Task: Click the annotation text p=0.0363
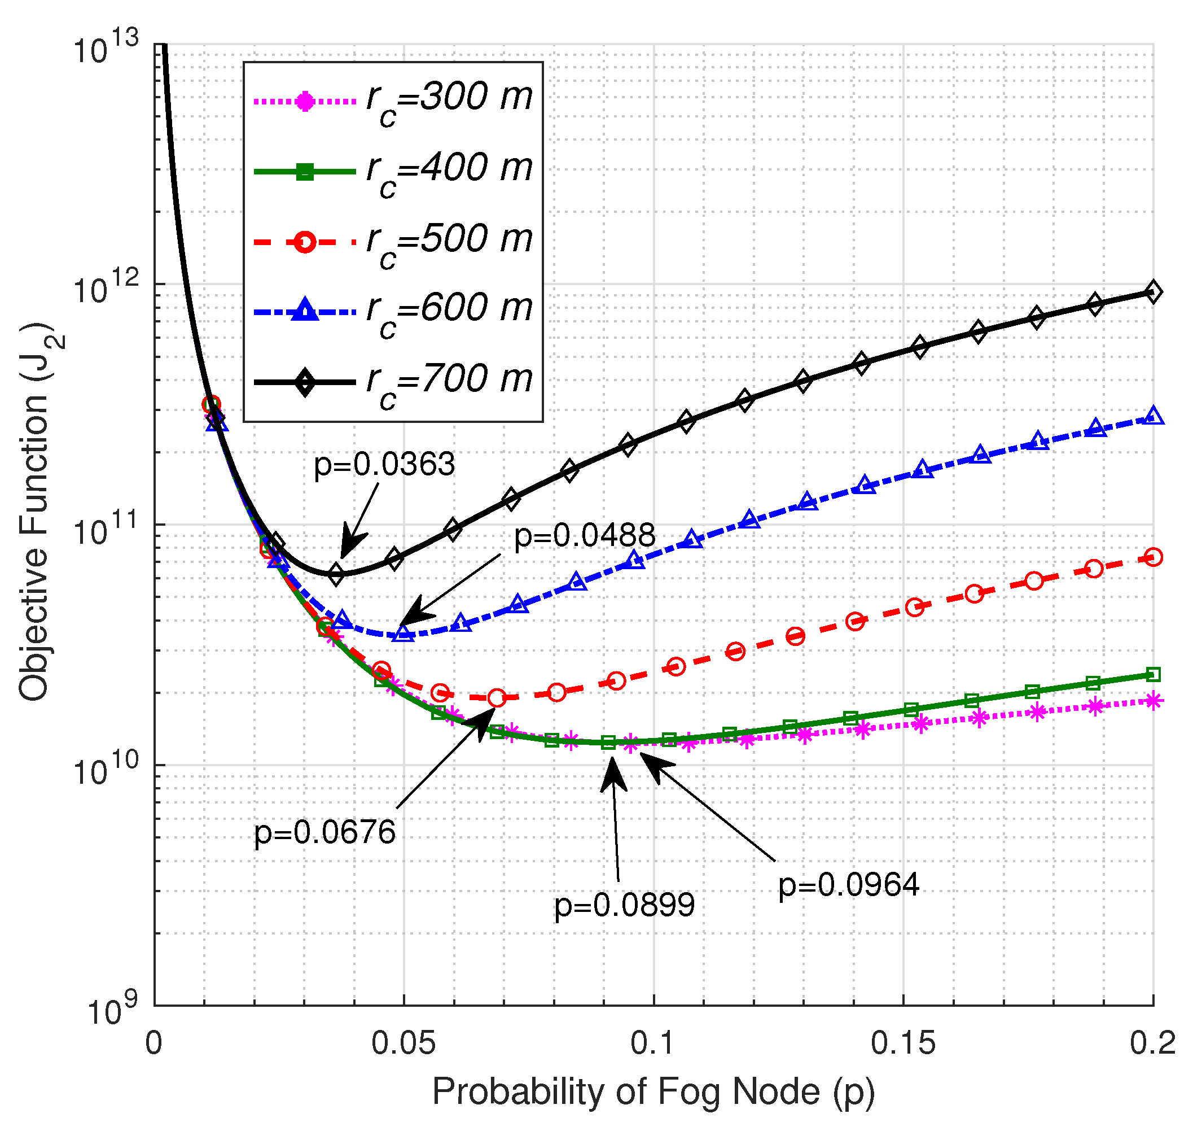[x=384, y=465]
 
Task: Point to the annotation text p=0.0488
[x=584, y=535]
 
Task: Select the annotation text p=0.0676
[x=324, y=832]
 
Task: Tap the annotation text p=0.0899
[x=624, y=905]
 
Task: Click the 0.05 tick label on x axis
[x=403, y=1042]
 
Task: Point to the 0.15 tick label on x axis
[x=902, y=1042]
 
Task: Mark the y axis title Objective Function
[x=35, y=513]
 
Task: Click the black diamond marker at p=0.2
[x=1152, y=292]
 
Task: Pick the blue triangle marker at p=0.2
[x=1152, y=416]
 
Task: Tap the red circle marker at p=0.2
[x=1152, y=558]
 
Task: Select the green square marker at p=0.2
[x=1152, y=675]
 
